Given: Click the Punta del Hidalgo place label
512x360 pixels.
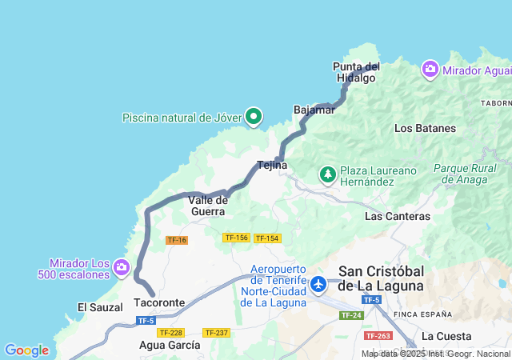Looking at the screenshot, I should (356, 72).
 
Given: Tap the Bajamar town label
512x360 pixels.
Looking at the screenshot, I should (314, 110).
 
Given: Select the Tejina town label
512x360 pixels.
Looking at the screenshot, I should (272, 166).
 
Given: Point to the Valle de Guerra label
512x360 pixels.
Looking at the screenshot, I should (208, 205).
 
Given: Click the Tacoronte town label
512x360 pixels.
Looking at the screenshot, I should (159, 303).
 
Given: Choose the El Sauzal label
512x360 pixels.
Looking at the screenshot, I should (100, 307).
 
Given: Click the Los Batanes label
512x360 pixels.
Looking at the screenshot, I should (425, 128).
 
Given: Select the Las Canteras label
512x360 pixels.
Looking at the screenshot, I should (397, 216).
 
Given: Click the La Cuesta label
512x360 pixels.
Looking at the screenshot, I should (446, 336).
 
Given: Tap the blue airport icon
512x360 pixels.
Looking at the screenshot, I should (319, 284).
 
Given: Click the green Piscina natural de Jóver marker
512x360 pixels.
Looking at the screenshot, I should (254, 117).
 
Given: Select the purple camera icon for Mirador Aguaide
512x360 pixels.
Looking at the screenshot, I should (430, 70).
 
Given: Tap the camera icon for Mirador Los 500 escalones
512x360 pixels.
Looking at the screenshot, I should (121, 266).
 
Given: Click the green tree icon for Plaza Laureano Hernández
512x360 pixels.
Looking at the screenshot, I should (327, 173).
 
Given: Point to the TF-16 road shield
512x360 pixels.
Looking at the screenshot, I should (176, 240).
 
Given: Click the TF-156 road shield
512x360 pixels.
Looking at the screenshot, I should (236, 238).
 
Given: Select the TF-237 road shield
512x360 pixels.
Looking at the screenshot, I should (216, 332).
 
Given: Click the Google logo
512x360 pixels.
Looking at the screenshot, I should (26, 350).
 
